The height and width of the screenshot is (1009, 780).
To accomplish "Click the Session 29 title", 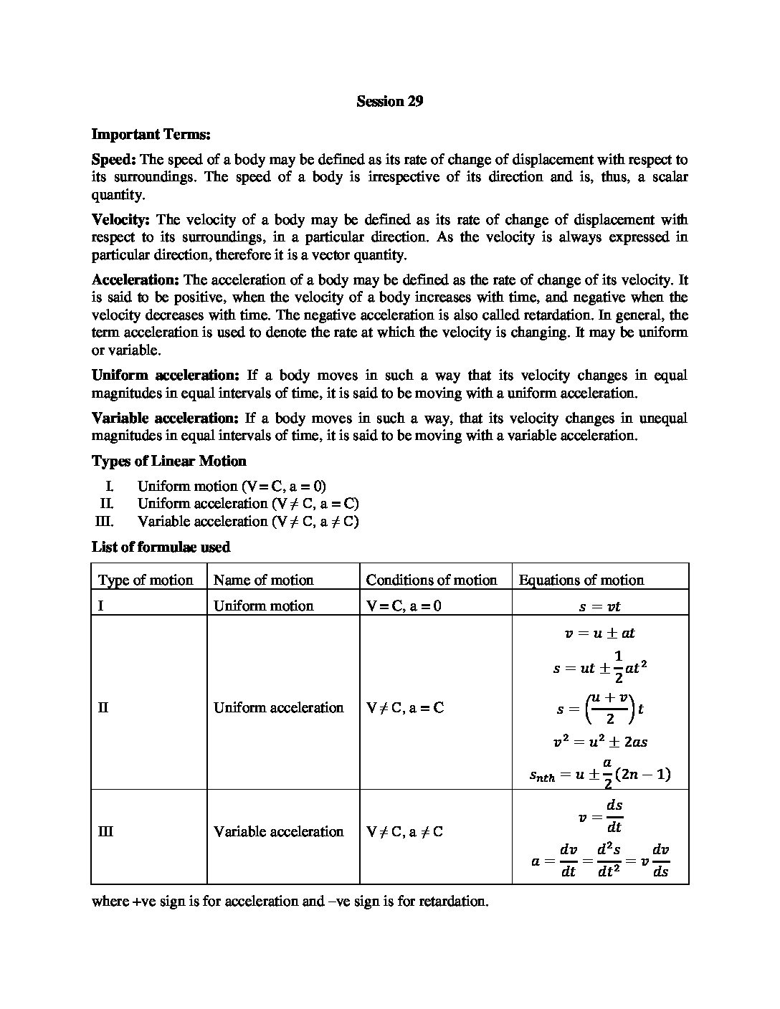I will (x=390, y=102).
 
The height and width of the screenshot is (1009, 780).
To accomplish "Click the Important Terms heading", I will (x=151, y=134).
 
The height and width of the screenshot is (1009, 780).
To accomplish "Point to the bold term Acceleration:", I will (x=135, y=280).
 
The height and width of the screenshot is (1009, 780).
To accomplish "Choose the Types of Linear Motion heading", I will (x=168, y=462).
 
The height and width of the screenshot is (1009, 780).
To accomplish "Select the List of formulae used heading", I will (x=161, y=547).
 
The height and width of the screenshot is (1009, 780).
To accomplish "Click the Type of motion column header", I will (x=146, y=580).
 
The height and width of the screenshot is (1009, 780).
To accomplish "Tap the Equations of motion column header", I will (x=581, y=580).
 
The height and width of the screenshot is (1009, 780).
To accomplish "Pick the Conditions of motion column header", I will (x=432, y=580).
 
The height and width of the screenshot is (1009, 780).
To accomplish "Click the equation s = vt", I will (x=600, y=606).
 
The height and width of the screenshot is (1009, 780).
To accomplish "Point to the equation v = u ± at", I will (x=600, y=633).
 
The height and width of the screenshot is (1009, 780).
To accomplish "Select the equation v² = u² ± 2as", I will (x=600, y=742).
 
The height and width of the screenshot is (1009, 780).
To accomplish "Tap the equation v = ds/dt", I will (x=600, y=816).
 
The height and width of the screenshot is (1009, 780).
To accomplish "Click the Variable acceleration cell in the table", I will (x=279, y=832).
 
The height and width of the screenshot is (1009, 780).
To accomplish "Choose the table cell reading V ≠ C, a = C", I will (x=405, y=708).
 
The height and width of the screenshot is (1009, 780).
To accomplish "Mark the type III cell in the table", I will (x=105, y=832).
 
